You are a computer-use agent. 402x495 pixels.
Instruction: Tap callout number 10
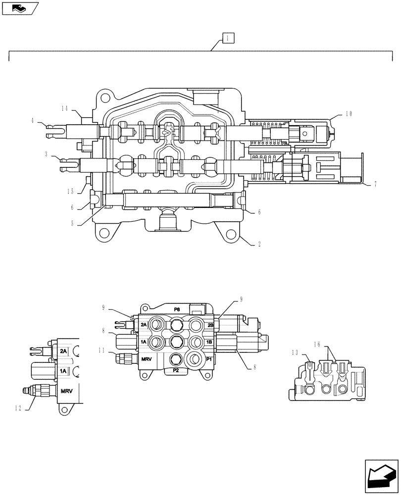pyautogui.click(x=349, y=114)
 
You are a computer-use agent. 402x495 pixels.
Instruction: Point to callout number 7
pyautogui.click(x=375, y=184)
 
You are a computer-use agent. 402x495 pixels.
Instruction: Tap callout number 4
pyautogui.click(x=33, y=120)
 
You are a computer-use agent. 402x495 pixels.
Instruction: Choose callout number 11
pyautogui.click(x=101, y=350)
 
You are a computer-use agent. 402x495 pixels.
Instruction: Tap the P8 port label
pyautogui.click(x=177, y=309)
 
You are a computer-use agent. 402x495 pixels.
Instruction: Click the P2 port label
pyautogui.click(x=176, y=370)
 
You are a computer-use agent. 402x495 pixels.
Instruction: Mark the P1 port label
pyautogui.click(x=208, y=359)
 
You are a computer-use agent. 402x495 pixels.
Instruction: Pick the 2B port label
pyautogui.click(x=210, y=325)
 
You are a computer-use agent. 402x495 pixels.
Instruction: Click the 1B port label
pyautogui.click(x=209, y=342)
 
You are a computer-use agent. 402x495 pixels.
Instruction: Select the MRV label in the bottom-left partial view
pyautogui.click(x=66, y=391)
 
